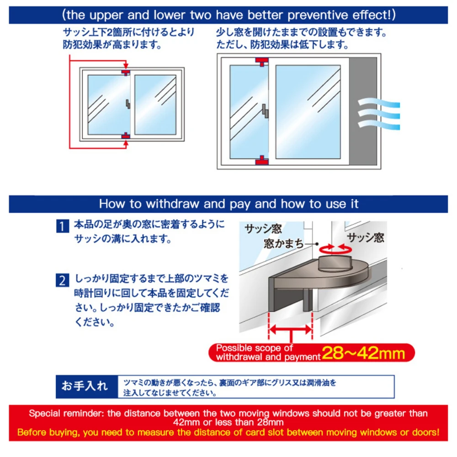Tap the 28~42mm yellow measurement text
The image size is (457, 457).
click(363, 353)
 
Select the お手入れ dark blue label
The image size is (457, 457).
click(85, 386)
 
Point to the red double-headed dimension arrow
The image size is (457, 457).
click(290, 329)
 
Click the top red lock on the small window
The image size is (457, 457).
click(125, 72)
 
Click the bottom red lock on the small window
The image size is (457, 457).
click(125, 135)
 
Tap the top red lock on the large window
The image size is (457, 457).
click(262, 61)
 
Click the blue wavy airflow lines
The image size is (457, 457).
click(378, 112)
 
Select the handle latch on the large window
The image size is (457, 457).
click(265, 110)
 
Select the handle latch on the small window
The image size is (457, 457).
click(128, 104)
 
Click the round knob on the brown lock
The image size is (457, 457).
click(335, 263)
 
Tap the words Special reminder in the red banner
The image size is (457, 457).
click(67, 414)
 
